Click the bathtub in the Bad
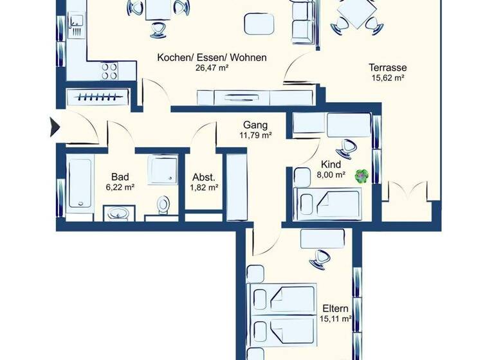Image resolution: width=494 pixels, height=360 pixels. (x=80, y=183)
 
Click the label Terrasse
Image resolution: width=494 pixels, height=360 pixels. (x=387, y=67)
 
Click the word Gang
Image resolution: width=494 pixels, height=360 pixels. (x=255, y=125)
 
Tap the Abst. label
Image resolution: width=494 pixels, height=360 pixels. (x=204, y=177)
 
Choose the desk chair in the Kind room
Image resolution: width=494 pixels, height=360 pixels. (x=349, y=147)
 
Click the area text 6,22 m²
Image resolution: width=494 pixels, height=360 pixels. (x=120, y=188)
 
